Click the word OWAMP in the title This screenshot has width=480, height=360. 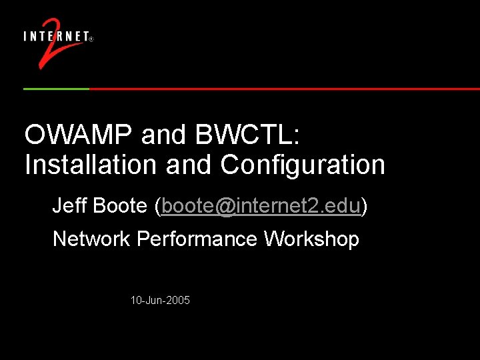coord(79,135)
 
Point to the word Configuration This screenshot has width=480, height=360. coord(303,165)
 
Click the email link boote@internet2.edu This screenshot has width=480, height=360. coord(261,206)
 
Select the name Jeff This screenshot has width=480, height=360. coord(69,206)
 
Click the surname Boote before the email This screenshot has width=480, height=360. coord(120,206)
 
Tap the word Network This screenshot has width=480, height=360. coord(91,239)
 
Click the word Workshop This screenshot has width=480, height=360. coord(311,239)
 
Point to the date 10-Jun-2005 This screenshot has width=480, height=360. coord(160,301)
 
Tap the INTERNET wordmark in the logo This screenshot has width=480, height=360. coord(56,37)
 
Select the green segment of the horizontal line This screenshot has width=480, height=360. coord(56,89)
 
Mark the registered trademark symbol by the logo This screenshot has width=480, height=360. coord(91,39)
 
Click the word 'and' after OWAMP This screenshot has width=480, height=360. coord(163,135)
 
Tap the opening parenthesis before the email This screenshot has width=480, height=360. coord(157,207)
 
